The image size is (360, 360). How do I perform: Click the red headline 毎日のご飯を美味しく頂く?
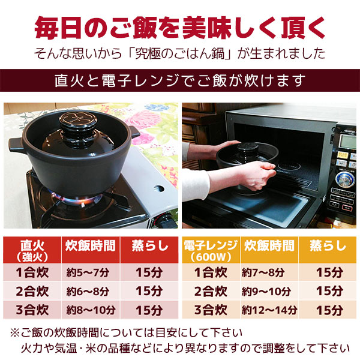180,27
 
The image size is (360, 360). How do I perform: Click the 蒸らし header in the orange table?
328,245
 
